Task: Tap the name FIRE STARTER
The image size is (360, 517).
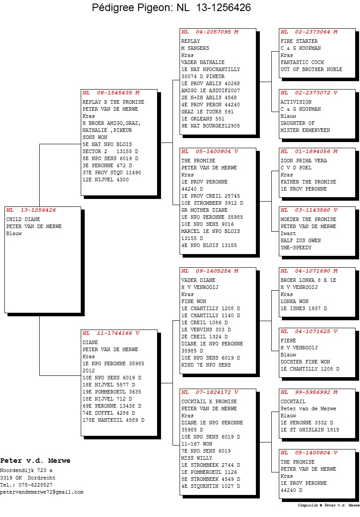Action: pos(299,41)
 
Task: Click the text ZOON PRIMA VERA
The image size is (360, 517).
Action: pos(304,161)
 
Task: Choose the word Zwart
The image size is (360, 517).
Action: pos(288,233)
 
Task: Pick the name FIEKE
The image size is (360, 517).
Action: pos(288,341)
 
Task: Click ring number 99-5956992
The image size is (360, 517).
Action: pos(312,392)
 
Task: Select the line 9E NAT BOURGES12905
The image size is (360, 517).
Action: pos(210,126)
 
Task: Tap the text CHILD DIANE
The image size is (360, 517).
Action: pos(23,219)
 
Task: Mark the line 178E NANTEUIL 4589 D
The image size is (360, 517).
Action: pos(113,420)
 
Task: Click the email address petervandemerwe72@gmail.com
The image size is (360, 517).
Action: pos(42,492)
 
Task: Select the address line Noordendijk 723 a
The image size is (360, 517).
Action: pos(26,470)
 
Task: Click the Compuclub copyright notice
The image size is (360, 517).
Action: pos(328,505)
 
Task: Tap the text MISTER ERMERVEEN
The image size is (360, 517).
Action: pos(305,130)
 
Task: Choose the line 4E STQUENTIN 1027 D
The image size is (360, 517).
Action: pos(210,486)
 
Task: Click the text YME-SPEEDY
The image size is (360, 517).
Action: pos(296,247)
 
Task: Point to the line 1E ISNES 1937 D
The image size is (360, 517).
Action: pos(304,309)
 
